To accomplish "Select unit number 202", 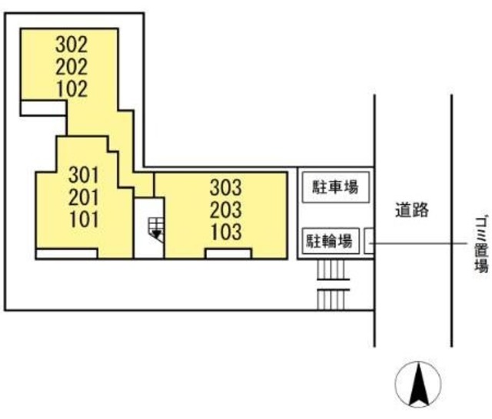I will tap(71, 66).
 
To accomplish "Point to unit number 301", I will tap(85, 173).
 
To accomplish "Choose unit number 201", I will tap(85, 196).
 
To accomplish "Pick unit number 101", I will tap(85, 219).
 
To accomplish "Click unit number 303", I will tap(226, 186).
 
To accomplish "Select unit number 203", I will tap(226, 209).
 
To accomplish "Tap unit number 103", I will tap(226, 230).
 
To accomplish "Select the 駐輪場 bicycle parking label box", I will tap(331, 241).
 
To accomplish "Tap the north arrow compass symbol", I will tap(417, 384).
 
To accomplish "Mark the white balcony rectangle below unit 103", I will tap(228, 254).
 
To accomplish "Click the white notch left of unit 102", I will tap(43, 108).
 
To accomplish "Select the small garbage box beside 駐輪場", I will tap(368, 242).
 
